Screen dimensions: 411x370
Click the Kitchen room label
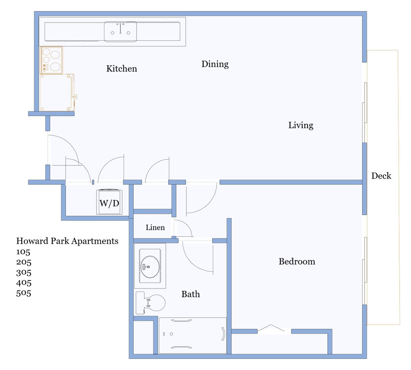tap(122, 69)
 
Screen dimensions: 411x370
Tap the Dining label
tap(215, 64)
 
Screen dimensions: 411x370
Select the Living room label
tap(301, 125)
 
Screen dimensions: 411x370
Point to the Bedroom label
tap(297, 261)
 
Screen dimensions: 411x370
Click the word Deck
tap(381, 176)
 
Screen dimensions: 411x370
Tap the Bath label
tap(191, 294)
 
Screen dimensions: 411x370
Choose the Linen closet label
tap(155, 227)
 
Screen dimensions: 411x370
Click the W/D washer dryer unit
tap(109, 202)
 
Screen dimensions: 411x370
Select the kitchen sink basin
tap(120, 32)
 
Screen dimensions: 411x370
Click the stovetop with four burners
tap(52, 60)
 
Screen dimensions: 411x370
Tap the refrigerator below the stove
tap(57, 92)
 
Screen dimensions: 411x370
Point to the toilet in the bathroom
tap(150, 303)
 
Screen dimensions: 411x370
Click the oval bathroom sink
tap(150, 267)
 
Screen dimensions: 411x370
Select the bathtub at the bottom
tap(193, 335)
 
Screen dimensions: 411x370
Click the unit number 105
tap(23, 252)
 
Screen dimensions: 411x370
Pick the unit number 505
tap(24, 293)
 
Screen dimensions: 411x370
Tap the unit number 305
tap(24, 272)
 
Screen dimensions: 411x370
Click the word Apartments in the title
tap(95, 241)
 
